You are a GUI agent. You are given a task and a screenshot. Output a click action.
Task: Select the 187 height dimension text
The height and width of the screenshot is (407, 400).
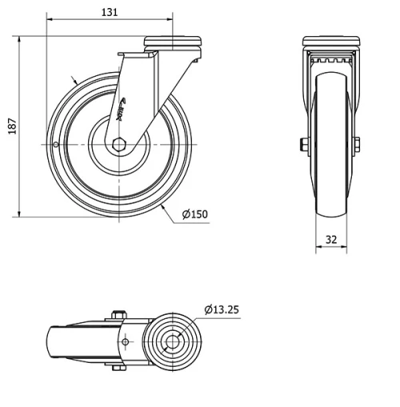pyautogui.click(x=11, y=126)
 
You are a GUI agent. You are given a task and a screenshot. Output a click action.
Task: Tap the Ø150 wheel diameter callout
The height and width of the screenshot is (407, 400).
pyautogui.click(x=194, y=215)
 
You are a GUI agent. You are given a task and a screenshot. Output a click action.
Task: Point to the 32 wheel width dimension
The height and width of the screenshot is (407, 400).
pyautogui.click(x=330, y=239)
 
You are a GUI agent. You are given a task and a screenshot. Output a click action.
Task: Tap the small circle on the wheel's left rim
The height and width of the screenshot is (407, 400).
pyautogui.click(x=54, y=144)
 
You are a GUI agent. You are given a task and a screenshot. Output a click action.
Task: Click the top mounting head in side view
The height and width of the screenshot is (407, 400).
pyautogui.click(x=170, y=42)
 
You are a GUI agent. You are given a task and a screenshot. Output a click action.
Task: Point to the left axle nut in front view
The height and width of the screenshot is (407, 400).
pyautogui.click(x=305, y=144)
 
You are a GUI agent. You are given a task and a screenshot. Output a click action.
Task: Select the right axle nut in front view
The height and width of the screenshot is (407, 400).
pyautogui.click(x=356, y=144)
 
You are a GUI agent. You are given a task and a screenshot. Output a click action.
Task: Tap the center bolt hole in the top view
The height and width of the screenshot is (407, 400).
pyautogui.click(x=172, y=342)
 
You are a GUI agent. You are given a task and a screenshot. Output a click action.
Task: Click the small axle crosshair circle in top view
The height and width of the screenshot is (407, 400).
pyautogui.click(x=125, y=342)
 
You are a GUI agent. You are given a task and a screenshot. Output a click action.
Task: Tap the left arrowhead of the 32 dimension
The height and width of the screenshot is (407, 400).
pyautogui.click(x=318, y=248)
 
